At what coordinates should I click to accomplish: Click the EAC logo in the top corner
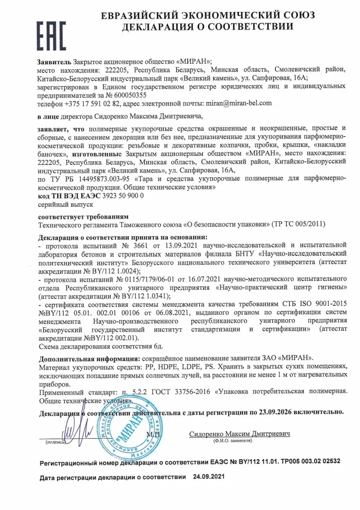pyautogui.click(x=50, y=27)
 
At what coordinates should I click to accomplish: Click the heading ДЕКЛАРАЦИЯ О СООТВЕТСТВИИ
pyautogui.click(x=208, y=26)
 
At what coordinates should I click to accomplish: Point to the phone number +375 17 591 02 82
pyautogui.click(x=92, y=103)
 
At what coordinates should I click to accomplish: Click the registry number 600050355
pyautogui.click(x=129, y=95)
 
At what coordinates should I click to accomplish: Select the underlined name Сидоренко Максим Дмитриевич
pyautogui.click(x=240, y=434)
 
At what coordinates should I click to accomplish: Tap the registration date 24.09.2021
pyautogui.click(x=209, y=477)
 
